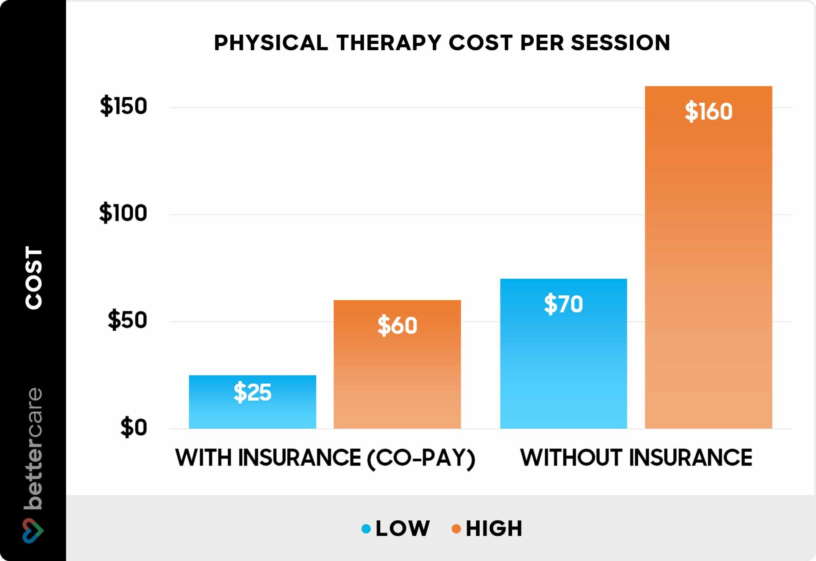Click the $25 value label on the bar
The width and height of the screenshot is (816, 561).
pos(252,392)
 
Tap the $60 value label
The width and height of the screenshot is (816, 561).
pos(397,325)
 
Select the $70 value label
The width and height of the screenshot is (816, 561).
pos(563,304)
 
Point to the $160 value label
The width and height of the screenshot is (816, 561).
pos(708,111)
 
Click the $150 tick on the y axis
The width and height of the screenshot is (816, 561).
pos(123,106)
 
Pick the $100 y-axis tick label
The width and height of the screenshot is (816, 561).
pos(123,213)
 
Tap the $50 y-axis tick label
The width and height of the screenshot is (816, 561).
pos(127,320)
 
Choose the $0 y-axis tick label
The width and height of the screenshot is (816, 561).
pos(133,427)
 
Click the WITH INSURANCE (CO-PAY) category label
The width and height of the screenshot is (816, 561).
pos(325,458)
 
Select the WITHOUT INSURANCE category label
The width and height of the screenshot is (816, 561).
pos(636,458)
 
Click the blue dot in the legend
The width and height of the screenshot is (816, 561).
pos(366,529)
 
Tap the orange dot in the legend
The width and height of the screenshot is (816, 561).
pos(456,529)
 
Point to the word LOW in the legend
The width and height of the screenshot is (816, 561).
pos(403,528)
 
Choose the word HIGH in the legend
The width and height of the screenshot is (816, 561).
pos(494,528)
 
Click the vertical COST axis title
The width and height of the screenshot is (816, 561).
pos(33,277)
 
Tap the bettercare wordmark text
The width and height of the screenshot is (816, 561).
pos(33,448)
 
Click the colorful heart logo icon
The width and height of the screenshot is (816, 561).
pos(33,530)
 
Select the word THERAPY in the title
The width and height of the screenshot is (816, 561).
pos(389,43)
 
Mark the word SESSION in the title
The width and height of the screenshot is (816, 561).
pos(620,43)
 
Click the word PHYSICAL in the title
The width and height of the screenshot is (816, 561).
pos(271,43)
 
